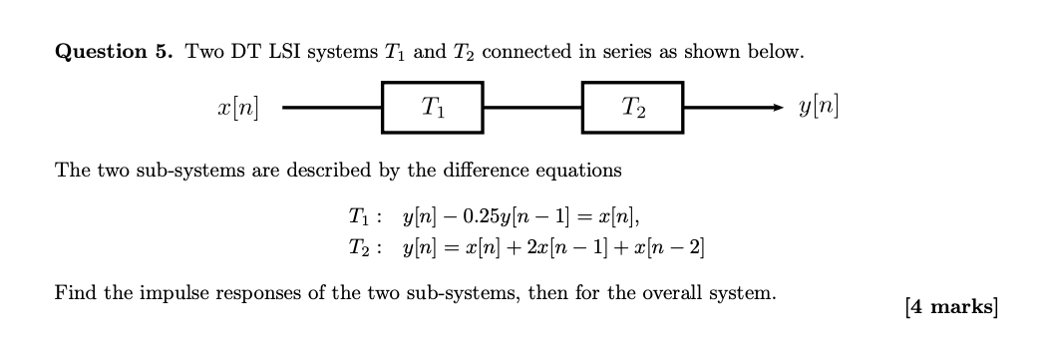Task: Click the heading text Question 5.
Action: click(x=113, y=52)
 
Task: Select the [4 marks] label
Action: click(x=950, y=307)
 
